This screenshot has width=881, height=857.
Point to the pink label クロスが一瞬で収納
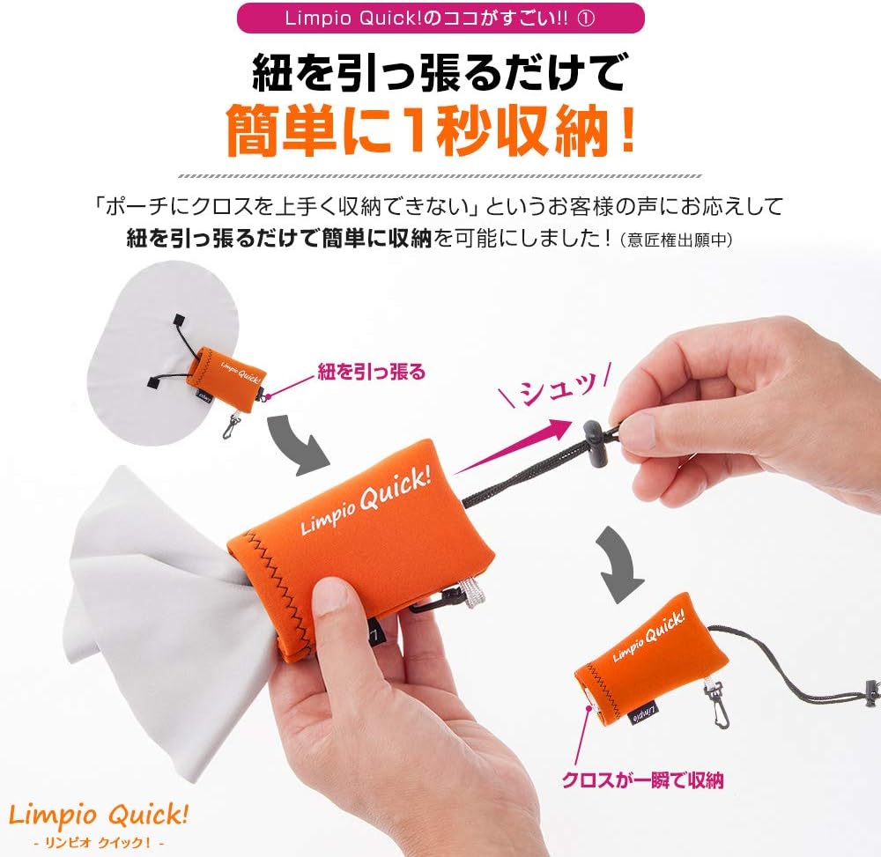[x=642, y=779]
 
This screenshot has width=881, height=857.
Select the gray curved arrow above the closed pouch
[x=626, y=554]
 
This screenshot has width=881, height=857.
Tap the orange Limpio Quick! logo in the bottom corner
[x=96, y=814]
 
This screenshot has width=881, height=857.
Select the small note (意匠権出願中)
[x=677, y=239]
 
